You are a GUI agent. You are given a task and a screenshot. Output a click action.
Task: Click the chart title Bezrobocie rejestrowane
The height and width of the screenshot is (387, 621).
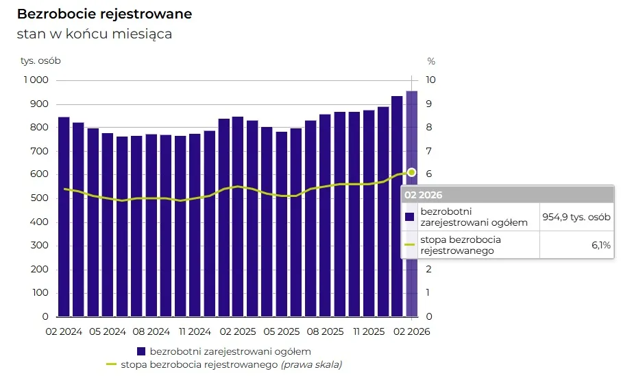click(104, 14)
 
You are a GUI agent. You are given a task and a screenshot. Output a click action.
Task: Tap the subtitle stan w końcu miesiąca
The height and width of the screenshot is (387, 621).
click(94, 34)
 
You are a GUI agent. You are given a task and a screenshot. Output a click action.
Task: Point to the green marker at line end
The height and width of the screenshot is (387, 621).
click(411, 172)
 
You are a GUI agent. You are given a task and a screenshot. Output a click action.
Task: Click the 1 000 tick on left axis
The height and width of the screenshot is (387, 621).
click(35, 80)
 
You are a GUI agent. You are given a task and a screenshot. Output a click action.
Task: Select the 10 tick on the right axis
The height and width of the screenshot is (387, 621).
click(431, 80)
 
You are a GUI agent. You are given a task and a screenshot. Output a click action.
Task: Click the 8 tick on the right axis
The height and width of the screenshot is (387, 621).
click(430, 128)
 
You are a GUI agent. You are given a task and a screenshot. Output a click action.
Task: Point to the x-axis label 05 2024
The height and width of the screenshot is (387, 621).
click(106, 331)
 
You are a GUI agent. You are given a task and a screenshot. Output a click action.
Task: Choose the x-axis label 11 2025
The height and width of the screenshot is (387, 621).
click(367, 331)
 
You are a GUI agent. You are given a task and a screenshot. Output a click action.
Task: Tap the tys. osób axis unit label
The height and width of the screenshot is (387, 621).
click(40, 60)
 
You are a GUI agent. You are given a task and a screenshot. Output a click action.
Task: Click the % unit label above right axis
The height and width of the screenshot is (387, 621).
click(431, 60)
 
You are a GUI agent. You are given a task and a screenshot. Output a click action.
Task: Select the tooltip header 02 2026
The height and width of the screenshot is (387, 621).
click(423, 195)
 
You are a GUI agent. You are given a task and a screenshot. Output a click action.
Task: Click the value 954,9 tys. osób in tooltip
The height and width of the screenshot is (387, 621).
click(576, 217)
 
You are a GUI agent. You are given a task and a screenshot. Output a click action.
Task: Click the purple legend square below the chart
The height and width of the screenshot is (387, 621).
click(141, 351)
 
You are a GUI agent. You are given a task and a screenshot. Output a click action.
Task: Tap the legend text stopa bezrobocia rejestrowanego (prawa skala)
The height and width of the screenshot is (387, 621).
click(231, 364)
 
